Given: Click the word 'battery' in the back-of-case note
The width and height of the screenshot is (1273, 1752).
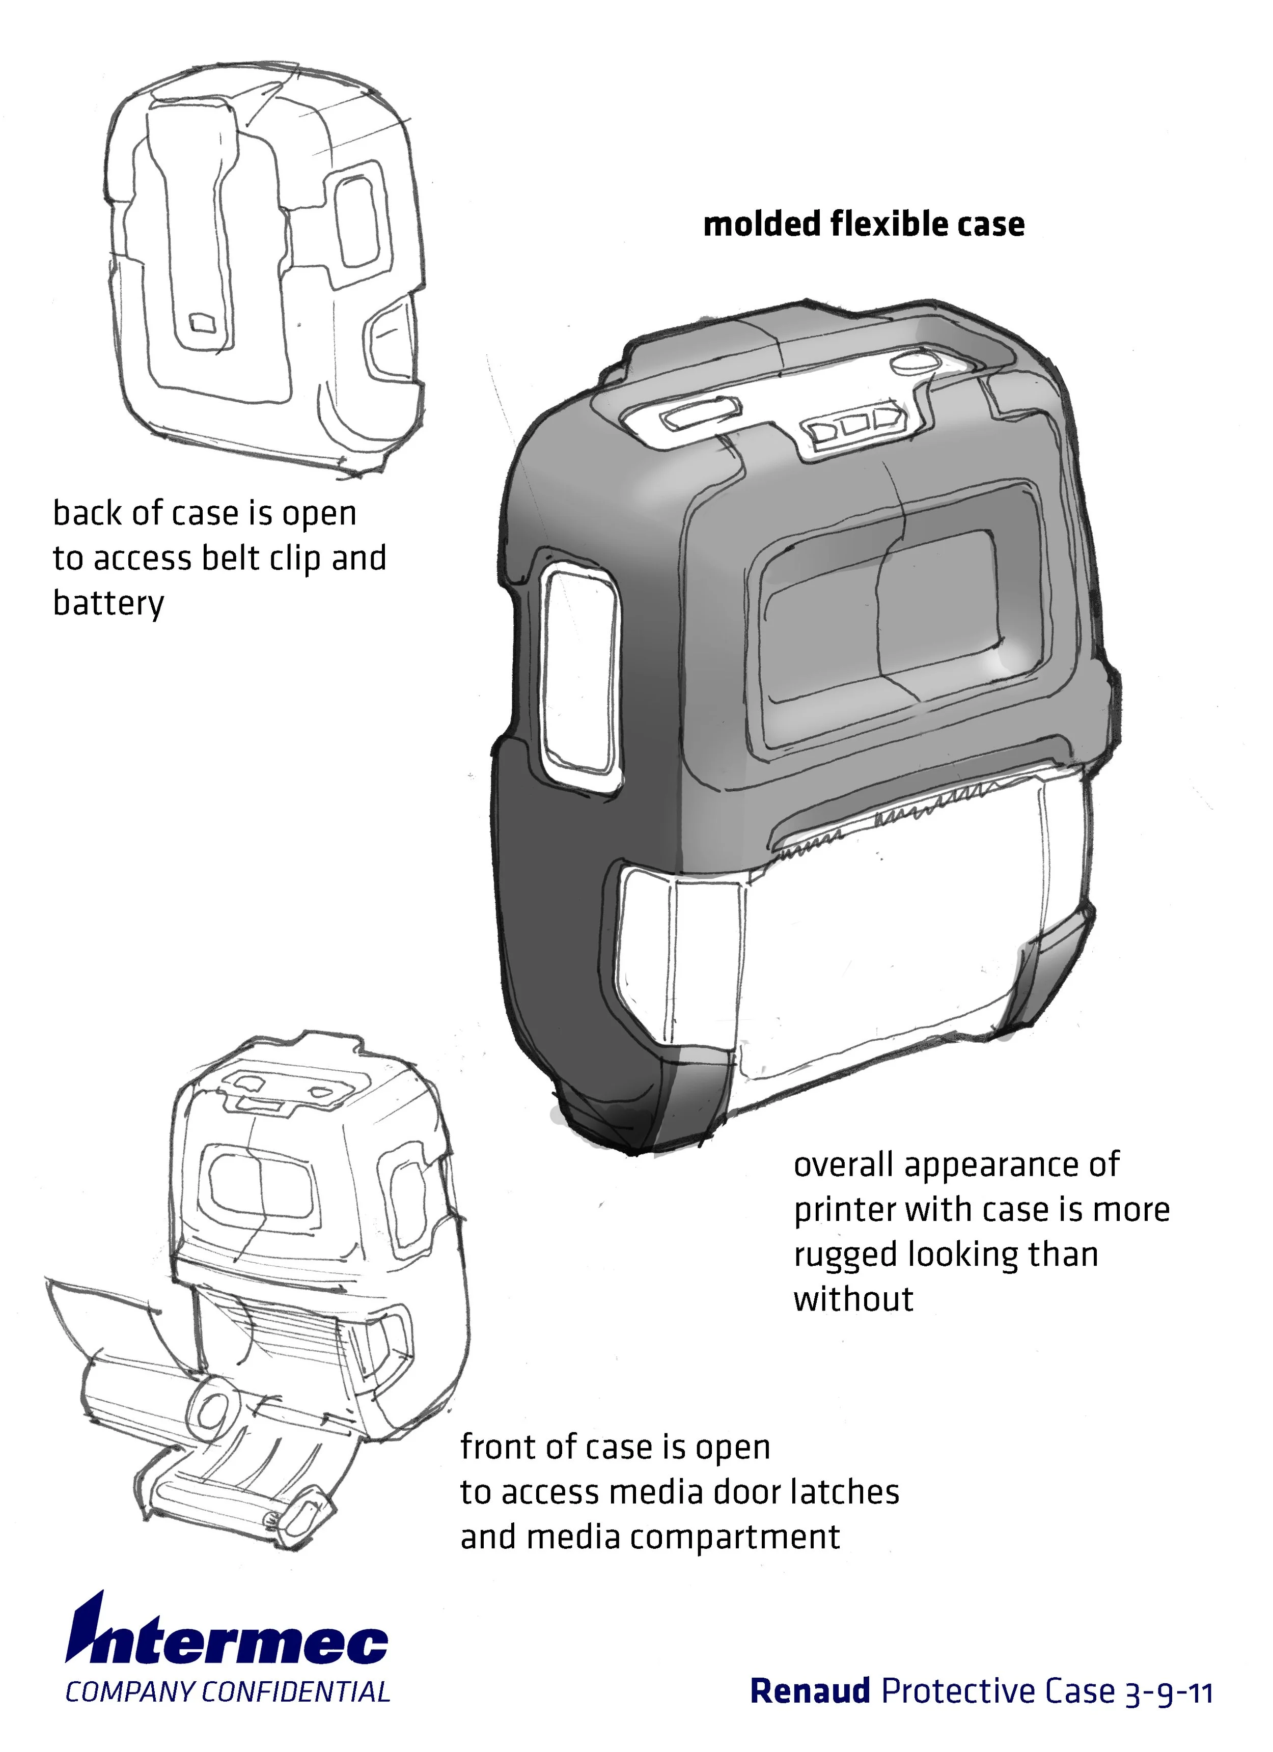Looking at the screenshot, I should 108,602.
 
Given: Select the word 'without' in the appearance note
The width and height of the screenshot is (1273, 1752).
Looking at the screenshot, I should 853,1299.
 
